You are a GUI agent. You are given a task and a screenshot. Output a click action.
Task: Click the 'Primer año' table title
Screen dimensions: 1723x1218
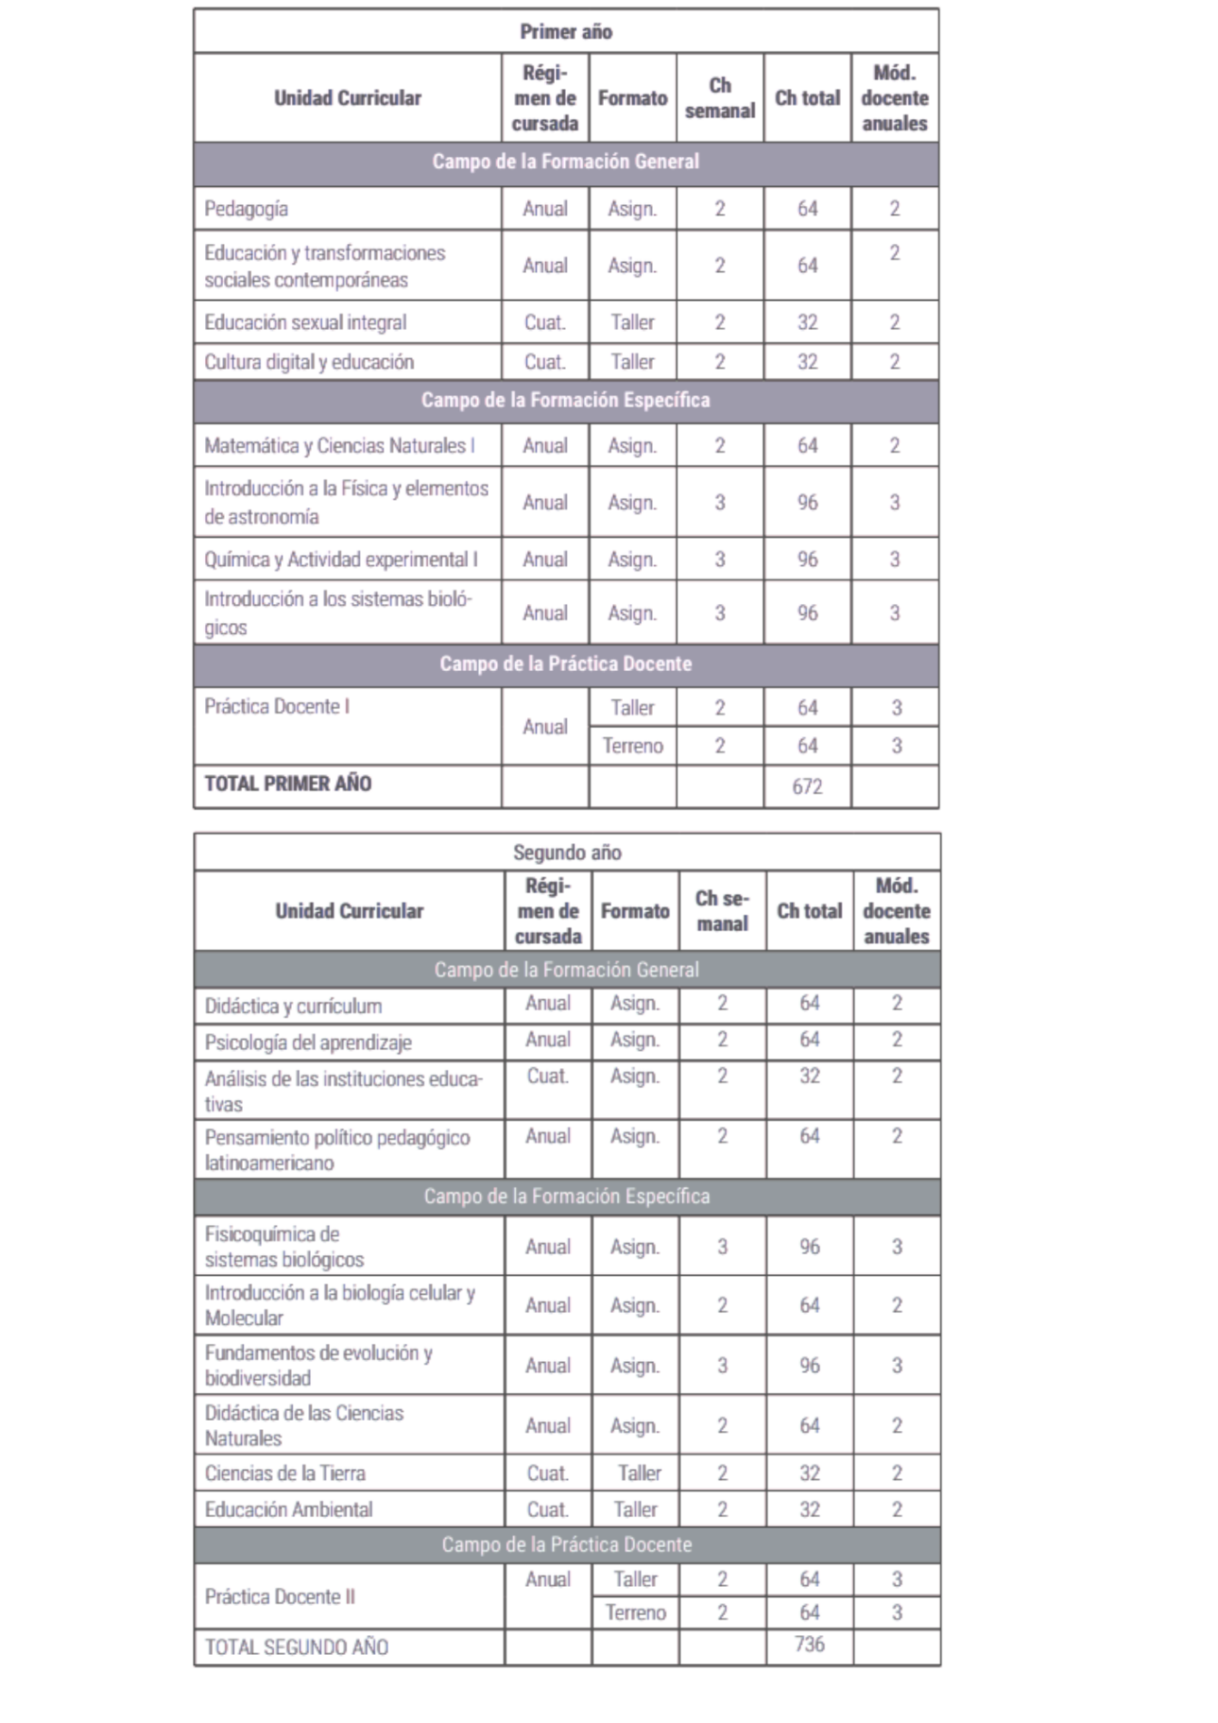pos(565,32)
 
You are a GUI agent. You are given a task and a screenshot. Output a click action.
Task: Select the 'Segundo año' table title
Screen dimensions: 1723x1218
pos(567,852)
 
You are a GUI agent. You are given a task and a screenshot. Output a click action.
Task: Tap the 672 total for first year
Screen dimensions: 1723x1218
pos(807,786)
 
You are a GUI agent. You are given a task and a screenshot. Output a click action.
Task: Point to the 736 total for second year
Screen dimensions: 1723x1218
pos(809,1644)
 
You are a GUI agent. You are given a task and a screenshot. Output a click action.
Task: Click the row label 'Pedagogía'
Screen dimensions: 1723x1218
pos(246,209)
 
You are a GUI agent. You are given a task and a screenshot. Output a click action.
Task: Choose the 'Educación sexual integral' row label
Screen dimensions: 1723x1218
pos(305,322)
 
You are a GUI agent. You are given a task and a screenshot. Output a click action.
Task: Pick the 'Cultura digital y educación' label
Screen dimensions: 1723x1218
pos(308,362)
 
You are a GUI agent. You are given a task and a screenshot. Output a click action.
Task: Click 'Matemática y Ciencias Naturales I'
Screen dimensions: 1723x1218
pos(339,445)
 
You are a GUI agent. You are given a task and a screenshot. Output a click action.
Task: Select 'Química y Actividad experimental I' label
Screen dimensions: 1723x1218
pos(340,560)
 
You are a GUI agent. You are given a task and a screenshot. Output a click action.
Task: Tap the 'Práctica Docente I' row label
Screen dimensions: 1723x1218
pos(277,706)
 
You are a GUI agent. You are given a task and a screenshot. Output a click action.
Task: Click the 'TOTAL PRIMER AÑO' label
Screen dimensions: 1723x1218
pos(287,784)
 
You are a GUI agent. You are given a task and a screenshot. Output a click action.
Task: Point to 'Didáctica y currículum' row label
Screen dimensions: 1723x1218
pos(293,1006)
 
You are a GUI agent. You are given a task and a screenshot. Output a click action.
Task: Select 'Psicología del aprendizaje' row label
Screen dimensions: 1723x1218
pos(307,1043)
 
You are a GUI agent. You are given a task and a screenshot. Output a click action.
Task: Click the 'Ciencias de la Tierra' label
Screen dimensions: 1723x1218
pos(285,1473)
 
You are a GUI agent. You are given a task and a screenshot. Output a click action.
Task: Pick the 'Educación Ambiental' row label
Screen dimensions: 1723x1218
pos(288,1509)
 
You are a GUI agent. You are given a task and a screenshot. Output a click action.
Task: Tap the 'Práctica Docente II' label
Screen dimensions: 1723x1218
pos(279,1596)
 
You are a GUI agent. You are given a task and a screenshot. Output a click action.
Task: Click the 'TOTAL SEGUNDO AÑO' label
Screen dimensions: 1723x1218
pos(296,1647)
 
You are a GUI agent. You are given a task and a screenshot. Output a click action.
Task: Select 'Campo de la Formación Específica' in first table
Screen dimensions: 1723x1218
pos(565,400)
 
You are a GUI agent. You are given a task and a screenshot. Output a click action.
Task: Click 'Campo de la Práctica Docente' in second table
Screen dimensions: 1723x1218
pos(566,1544)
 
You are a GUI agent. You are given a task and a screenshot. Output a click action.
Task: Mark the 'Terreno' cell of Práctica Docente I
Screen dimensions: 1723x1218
pos(632,745)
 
